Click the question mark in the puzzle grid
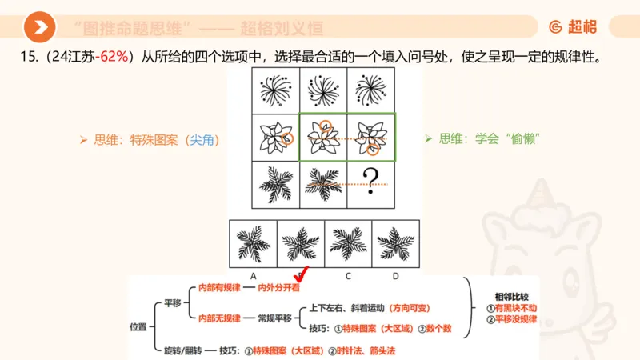click(x=370, y=182)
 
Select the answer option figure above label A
click(x=253, y=241)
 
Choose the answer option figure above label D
click(x=395, y=241)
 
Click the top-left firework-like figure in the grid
click(x=274, y=90)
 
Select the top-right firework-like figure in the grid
click(x=370, y=90)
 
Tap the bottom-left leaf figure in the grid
click(x=274, y=182)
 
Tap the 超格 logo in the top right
click(x=573, y=27)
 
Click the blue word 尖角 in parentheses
click(x=200, y=139)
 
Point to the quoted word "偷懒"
click(x=524, y=138)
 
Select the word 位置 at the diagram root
click(x=138, y=326)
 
